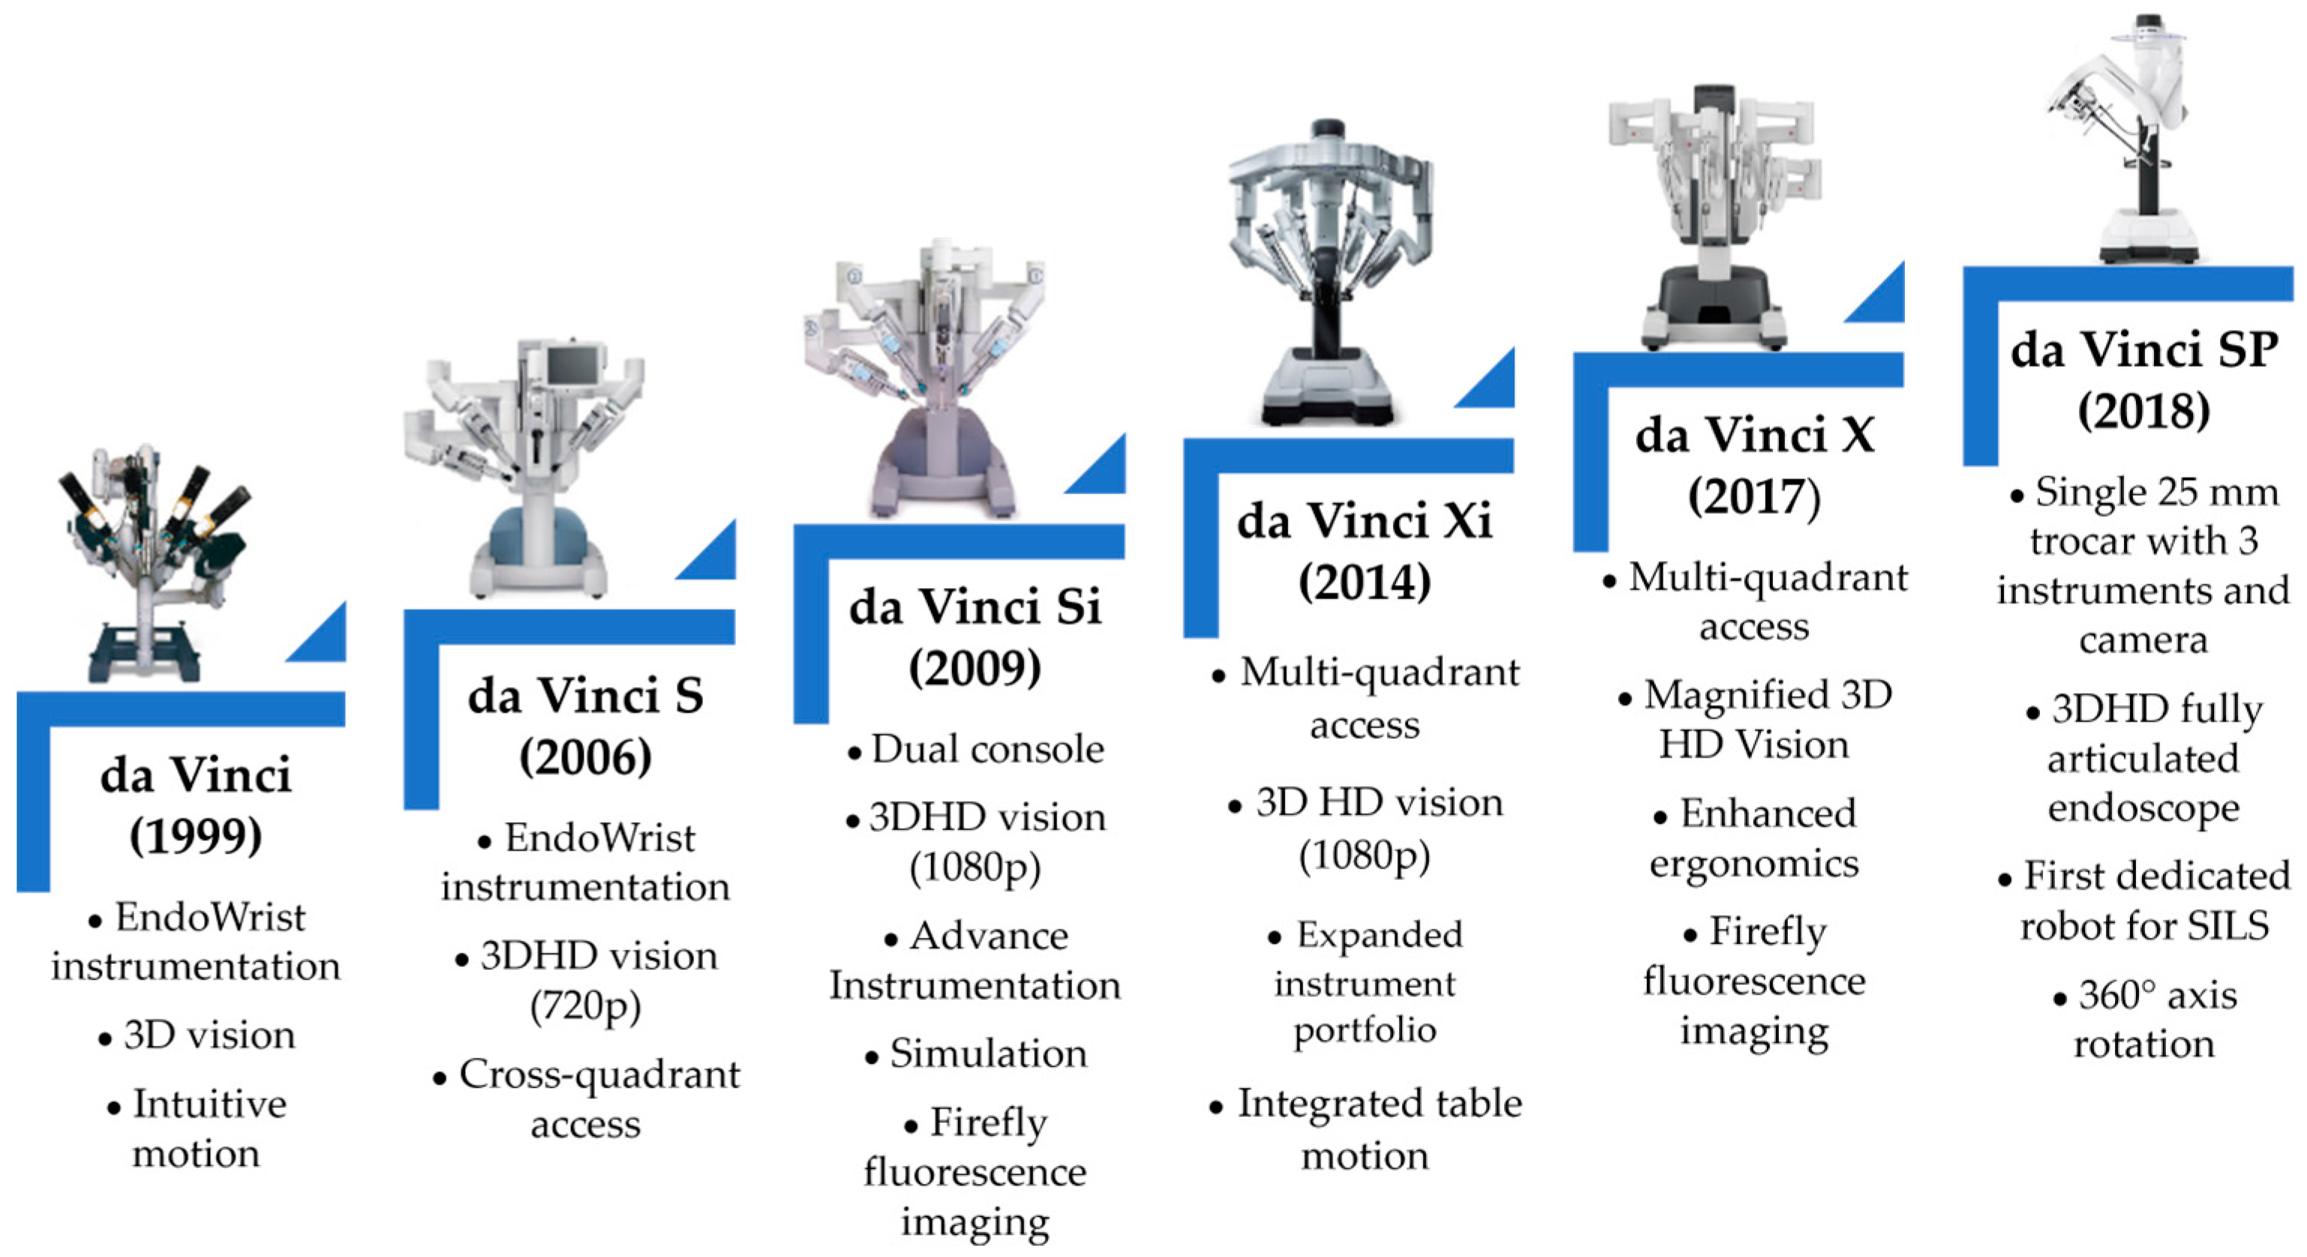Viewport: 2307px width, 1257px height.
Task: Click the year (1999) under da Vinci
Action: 195,836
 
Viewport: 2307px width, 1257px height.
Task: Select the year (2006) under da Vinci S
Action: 586,757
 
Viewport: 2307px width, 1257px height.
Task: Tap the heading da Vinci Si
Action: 975,607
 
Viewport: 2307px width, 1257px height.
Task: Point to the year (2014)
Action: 1365,583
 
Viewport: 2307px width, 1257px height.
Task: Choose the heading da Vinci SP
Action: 2144,349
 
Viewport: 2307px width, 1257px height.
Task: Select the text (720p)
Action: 586,1006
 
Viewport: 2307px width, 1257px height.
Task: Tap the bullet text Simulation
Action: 989,1054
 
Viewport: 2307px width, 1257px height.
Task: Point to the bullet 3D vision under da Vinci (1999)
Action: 209,1035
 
